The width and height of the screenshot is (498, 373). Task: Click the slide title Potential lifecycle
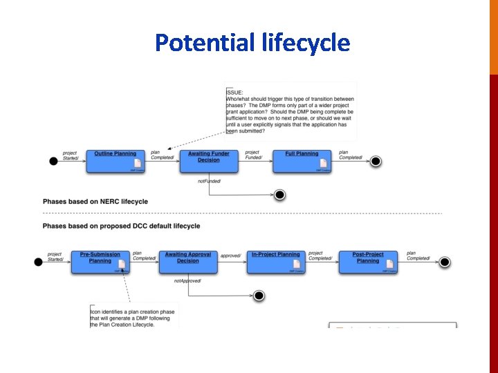(252, 43)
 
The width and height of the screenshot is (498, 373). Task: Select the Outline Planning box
(115, 160)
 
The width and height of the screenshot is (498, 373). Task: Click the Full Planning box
(302, 160)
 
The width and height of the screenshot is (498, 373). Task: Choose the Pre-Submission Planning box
(100, 261)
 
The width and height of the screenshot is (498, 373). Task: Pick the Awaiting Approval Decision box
(187, 261)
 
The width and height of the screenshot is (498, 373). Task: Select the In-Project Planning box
(275, 261)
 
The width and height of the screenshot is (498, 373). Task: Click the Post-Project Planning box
(368, 261)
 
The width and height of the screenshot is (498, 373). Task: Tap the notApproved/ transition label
(187, 281)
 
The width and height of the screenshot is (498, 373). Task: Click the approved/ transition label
(231, 256)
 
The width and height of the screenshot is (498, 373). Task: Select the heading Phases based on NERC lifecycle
(95, 202)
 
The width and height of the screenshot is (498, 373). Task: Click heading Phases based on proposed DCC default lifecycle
(121, 226)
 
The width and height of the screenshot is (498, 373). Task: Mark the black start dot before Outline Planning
(53, 161)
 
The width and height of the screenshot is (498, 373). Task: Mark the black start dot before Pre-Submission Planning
(38, 262)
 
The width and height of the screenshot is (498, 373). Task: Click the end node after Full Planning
(376, 161)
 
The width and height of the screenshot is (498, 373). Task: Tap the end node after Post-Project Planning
(445, 262)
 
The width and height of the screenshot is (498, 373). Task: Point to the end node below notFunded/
(279, 195)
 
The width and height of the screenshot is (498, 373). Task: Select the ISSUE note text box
(290, 111)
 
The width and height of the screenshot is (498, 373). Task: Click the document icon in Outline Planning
(138, 164)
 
